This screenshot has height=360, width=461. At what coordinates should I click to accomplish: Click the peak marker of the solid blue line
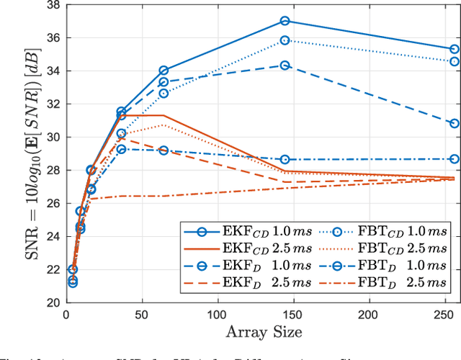285,22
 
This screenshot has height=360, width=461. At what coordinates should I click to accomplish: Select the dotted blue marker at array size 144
285,40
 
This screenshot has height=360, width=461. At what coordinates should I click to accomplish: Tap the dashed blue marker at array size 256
454,123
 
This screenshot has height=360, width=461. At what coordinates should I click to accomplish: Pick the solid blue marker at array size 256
454,49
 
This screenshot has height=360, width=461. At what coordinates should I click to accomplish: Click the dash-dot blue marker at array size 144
285,159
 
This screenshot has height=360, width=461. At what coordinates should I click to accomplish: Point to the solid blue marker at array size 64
164,71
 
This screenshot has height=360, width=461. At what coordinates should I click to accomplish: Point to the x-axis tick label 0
66,315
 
